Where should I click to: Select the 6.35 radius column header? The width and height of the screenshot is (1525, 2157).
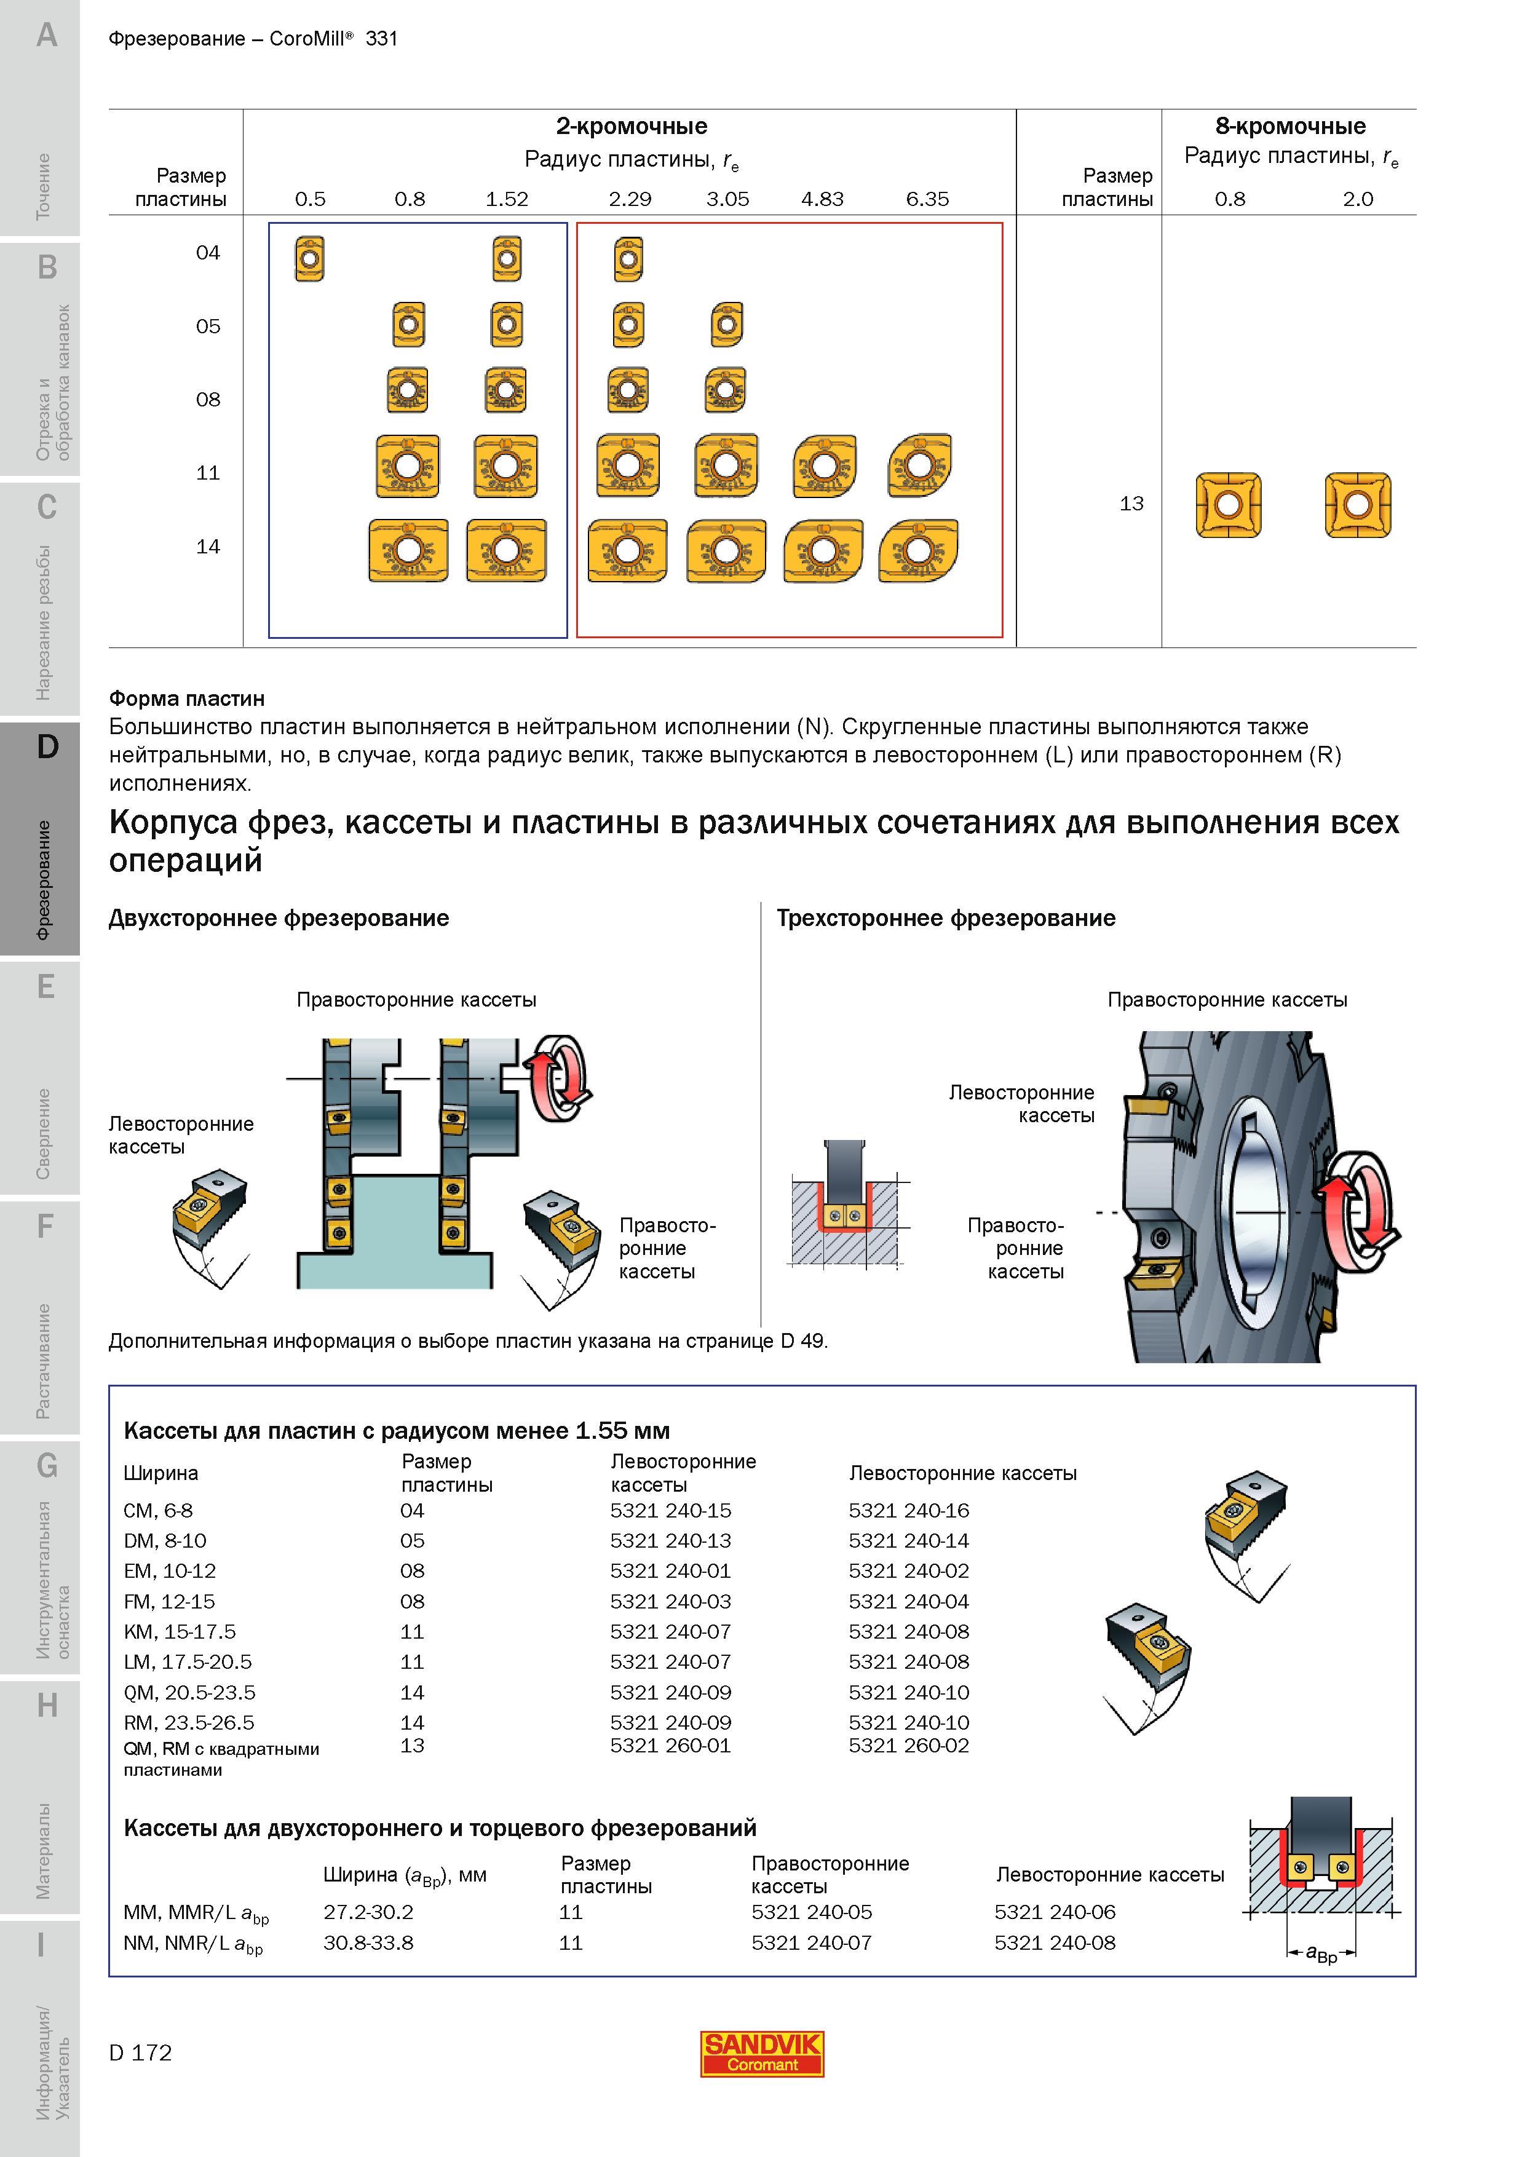point(927,199)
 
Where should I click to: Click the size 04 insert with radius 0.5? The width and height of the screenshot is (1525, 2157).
point(309,258)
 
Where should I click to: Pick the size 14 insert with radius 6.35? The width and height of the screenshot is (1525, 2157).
point(918,550)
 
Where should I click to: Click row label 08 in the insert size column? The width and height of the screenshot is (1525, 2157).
point(208,399)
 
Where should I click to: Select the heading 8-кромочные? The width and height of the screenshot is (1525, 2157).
point(1290,126)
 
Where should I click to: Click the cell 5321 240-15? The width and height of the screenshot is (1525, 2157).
point(670,1511)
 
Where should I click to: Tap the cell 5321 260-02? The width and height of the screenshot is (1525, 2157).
point(909,1746)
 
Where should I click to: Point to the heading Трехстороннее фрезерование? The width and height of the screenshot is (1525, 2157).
point(945,918)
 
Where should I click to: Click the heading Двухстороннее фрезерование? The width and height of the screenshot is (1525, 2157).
point(279,918)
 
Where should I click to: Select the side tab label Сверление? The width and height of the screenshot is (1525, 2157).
point(43,1133)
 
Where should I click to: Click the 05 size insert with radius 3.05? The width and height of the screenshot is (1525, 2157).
point(726,325)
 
